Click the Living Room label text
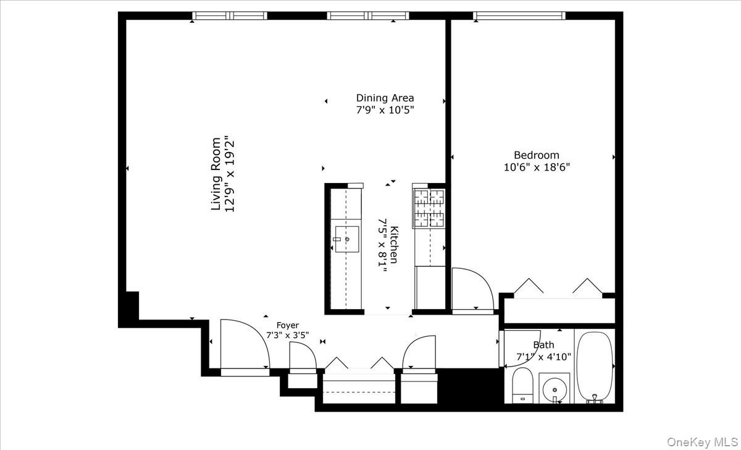click(x=216, y=174)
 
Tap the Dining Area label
click(x=385, y=98)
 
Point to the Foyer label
click(x=287, y=325)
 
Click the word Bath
click(x=543, y=345)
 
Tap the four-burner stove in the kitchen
click(x=429, y=208)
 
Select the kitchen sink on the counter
click(x=346, y=239)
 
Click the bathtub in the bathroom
click(x=595, y=367)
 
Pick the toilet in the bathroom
click(x=522, y=386)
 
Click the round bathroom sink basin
click(x=555, y=390)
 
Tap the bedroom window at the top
click(x=519, y=16)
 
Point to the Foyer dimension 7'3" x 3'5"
click(x=287, y=336)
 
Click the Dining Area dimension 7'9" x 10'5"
click(x=385, y=110)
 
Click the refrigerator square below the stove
click(x=430, y=287)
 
